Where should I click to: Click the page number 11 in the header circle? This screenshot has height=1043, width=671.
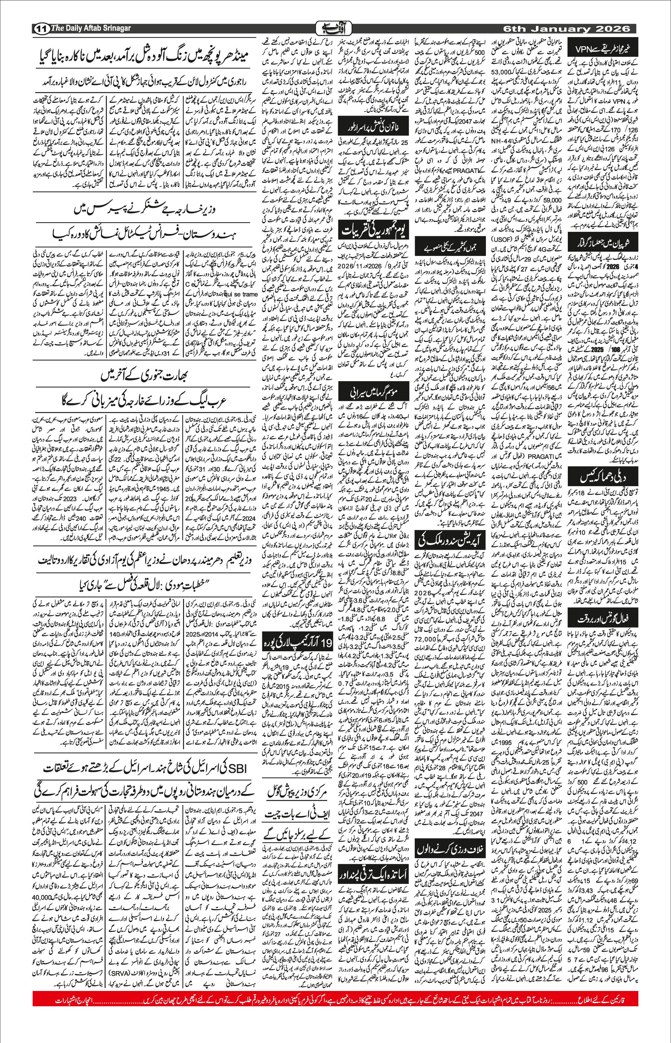pos(41,29)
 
